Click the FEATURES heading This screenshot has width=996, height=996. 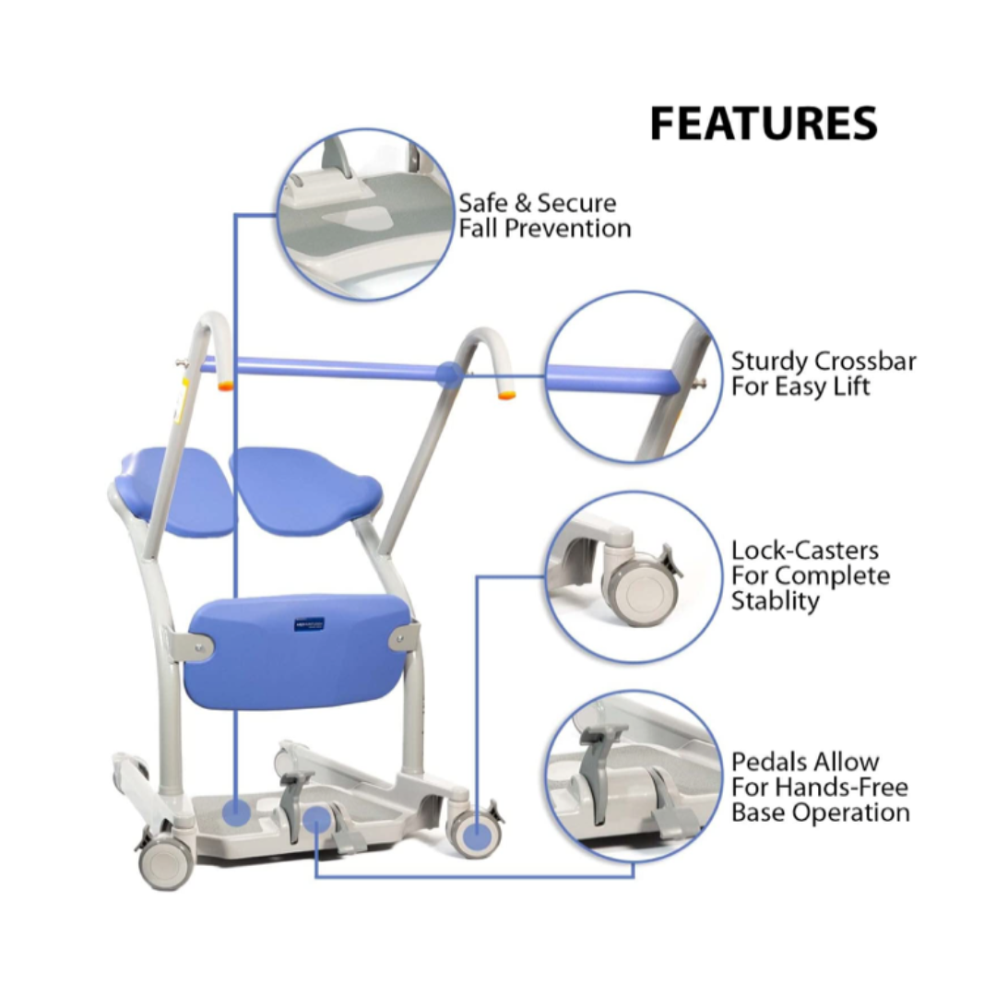tap(763, 125)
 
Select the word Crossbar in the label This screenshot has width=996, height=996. tap(864, 361)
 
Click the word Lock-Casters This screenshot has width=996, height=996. tap(805, 551)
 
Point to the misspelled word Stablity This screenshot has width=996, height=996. tap(775, 601)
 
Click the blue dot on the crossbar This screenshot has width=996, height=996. tap(449, 373)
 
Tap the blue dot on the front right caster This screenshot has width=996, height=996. tap(475, 836)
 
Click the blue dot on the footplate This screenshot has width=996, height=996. tap(236, 812)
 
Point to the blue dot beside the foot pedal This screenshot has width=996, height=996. tap(316, 817)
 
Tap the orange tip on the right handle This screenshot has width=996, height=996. tap(506, 395)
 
